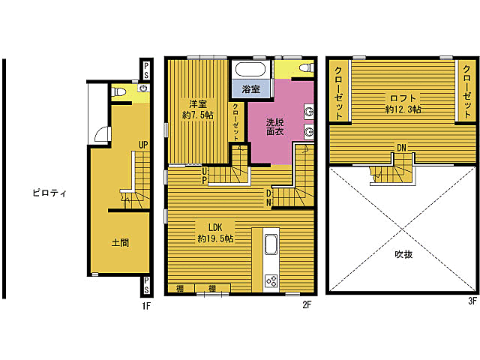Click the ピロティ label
(49, 193)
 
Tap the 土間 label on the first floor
(120, 242)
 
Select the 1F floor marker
(146, 305)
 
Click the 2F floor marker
(307, 304)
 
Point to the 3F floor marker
(472, 301)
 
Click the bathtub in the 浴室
(250, 70)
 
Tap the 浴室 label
(251, 89)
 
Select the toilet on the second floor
(306, 67)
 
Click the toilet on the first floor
(119, 91)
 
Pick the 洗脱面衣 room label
(275, 127)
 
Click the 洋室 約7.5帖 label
(198, 109)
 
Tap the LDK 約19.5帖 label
(215, 233)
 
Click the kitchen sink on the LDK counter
(271, 244)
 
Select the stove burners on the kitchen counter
(271, 281)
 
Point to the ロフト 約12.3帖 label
(403, 103)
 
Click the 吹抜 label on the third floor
(403, 254)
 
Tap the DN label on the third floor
(401, 148)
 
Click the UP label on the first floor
(143, 145)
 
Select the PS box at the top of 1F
(146, 70)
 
